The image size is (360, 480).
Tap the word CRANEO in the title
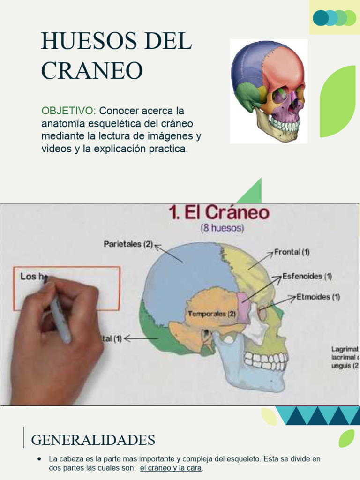click(92, 70)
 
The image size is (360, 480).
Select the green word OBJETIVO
click(68, 111)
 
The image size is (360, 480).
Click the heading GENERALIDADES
click(93, 441)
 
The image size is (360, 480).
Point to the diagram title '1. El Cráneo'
click(219, 214)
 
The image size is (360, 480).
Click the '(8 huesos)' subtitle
click(222, 229)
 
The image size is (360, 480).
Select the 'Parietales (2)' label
click(128, 244)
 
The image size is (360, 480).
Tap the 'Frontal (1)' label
click(292, 252)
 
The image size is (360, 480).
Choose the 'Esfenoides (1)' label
click(307, 277)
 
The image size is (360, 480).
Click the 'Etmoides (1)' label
click(318, 297)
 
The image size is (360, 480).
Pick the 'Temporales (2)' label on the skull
click(211, 314)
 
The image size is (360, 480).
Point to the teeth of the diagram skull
click(265, 360)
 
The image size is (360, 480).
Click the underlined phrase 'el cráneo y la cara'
click(171, 468)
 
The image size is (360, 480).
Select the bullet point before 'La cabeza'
click(39, 459)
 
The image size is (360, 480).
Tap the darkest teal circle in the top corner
click(321, 18)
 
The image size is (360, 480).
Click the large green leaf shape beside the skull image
click(339, 101)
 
